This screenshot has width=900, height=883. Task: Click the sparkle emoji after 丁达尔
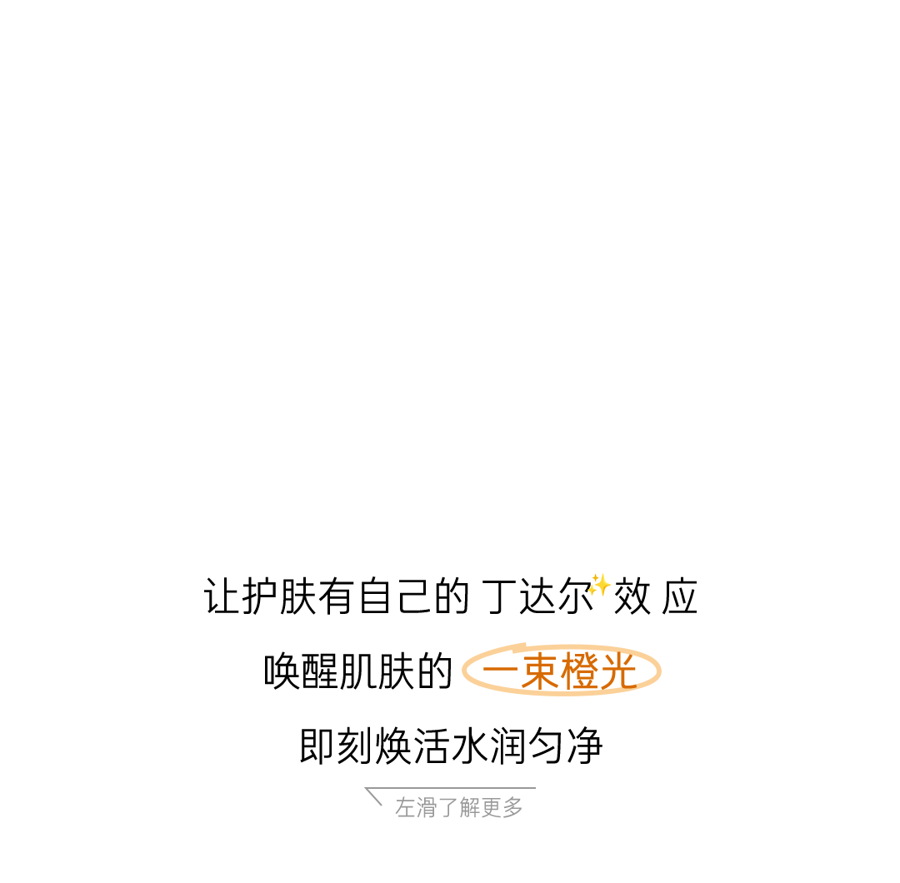(598, 585)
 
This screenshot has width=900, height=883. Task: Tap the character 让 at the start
(222, 597)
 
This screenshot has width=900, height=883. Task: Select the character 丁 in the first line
(498, 597)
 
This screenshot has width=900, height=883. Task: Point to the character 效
(632, 597)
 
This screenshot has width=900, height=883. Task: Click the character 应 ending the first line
(679, 597)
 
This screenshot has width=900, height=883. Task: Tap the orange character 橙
(581, 672)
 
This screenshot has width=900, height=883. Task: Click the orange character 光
(619, 672)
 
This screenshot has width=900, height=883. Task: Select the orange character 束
(540, 672)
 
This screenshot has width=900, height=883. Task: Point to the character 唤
(282, 672)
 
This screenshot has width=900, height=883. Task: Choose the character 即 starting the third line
(317, 746)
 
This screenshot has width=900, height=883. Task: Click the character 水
(470, 746)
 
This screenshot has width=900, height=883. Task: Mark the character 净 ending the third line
(584, 746)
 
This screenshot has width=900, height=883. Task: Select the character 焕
(394, 746)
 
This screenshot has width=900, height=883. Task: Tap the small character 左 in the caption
(405, 807)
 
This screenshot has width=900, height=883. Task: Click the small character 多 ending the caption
(513, 807)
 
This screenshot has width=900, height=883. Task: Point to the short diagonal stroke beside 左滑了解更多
(374, 797)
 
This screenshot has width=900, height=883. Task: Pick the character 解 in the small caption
(470, 807)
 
